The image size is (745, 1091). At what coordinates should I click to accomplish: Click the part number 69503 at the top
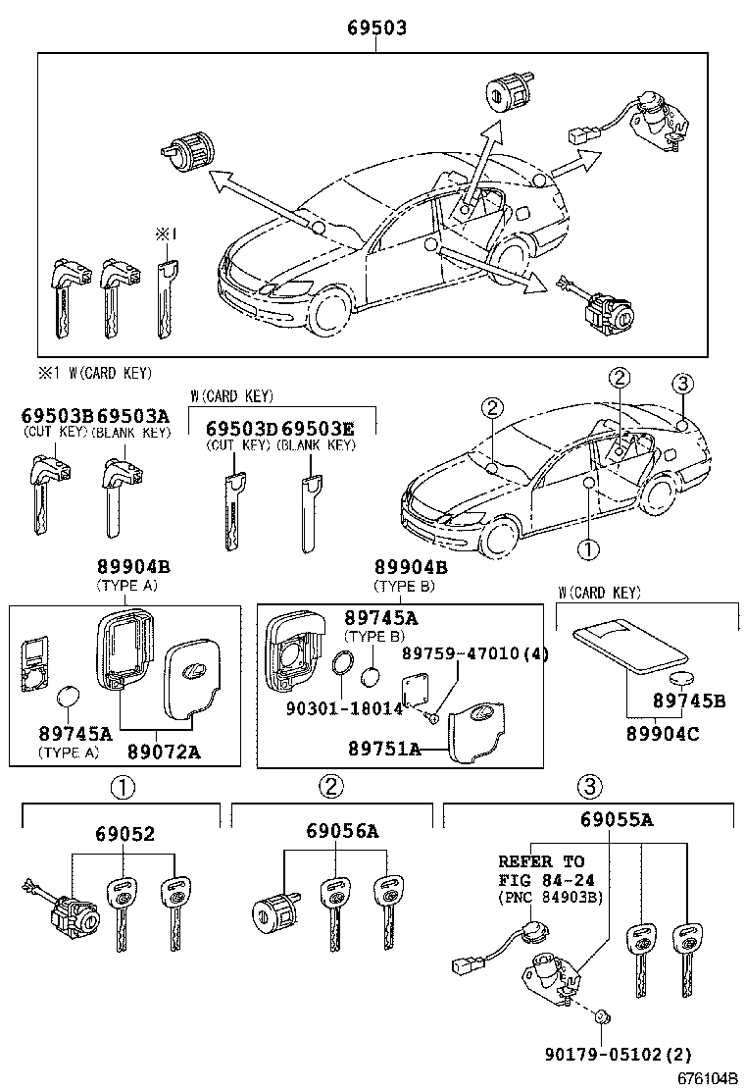pos(376,30)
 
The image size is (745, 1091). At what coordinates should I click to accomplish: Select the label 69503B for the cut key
pos(58,416)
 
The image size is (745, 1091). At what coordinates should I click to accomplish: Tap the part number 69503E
pos(317,429)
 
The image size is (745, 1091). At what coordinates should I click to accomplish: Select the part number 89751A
pos(385,748)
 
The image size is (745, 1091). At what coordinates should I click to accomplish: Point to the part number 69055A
pos(616,820)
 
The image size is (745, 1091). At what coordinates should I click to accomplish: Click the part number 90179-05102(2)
pos(618,1055)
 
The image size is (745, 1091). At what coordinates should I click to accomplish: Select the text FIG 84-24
pos(545,879)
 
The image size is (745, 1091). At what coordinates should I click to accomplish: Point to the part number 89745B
pos(690,701)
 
